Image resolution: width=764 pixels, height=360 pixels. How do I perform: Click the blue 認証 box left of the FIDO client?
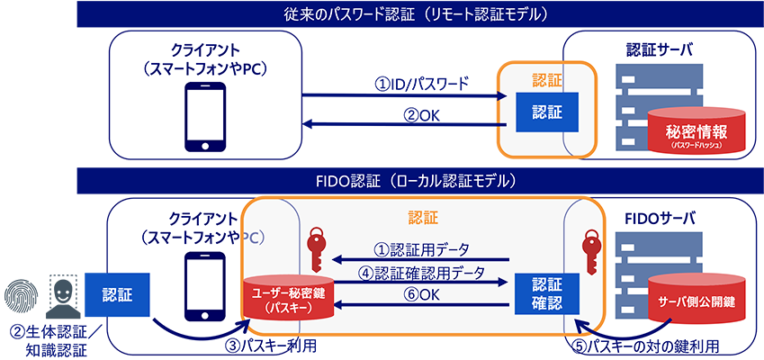click(x=121, y=292)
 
